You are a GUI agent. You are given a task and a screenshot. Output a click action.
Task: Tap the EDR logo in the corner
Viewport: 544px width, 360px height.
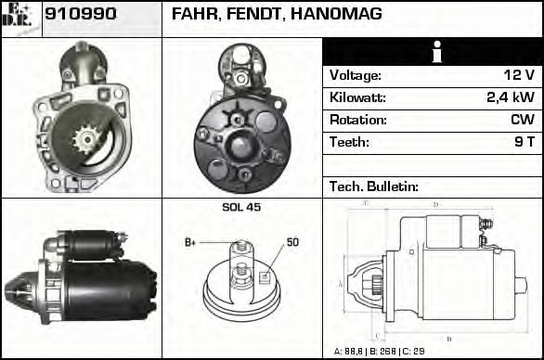21,18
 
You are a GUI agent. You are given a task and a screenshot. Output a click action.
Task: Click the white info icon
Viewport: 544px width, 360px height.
433,52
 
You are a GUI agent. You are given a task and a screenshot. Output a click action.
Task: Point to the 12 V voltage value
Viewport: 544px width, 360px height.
519,75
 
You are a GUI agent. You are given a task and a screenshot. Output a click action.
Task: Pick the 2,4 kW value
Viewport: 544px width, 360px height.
511,97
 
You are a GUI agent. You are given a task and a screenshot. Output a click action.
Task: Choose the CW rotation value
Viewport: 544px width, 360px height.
523,120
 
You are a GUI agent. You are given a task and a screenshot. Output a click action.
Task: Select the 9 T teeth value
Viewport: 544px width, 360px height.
525,142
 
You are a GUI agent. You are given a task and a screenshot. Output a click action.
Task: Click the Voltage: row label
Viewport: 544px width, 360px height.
356,75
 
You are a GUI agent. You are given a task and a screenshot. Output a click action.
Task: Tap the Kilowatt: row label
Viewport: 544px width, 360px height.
358,97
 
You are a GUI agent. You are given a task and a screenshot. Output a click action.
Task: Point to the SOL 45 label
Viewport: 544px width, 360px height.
241,207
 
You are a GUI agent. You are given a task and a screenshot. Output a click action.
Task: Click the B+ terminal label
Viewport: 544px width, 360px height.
190,242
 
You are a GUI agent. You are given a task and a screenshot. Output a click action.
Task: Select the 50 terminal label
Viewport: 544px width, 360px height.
292,242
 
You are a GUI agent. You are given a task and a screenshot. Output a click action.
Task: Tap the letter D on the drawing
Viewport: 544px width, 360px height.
436,204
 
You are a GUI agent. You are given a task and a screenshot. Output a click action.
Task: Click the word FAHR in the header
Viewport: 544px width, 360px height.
192,15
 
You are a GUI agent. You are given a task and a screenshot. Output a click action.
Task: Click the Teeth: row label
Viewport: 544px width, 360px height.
349,142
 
